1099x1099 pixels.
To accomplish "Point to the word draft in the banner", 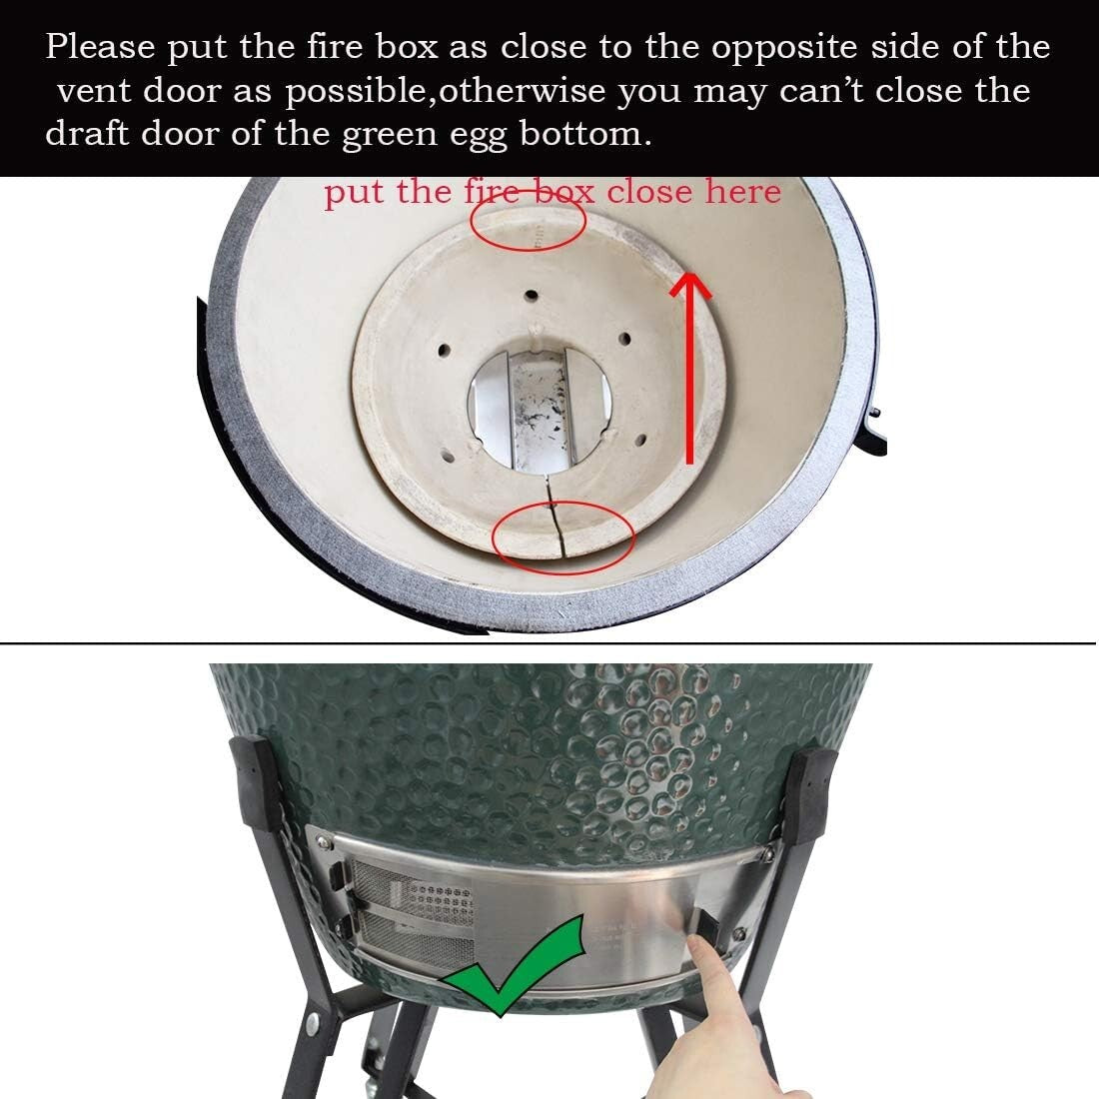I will coord(86,134).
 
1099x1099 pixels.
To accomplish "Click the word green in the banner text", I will coord(380,134).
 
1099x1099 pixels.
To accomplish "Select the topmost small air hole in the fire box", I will coord(531,297).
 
